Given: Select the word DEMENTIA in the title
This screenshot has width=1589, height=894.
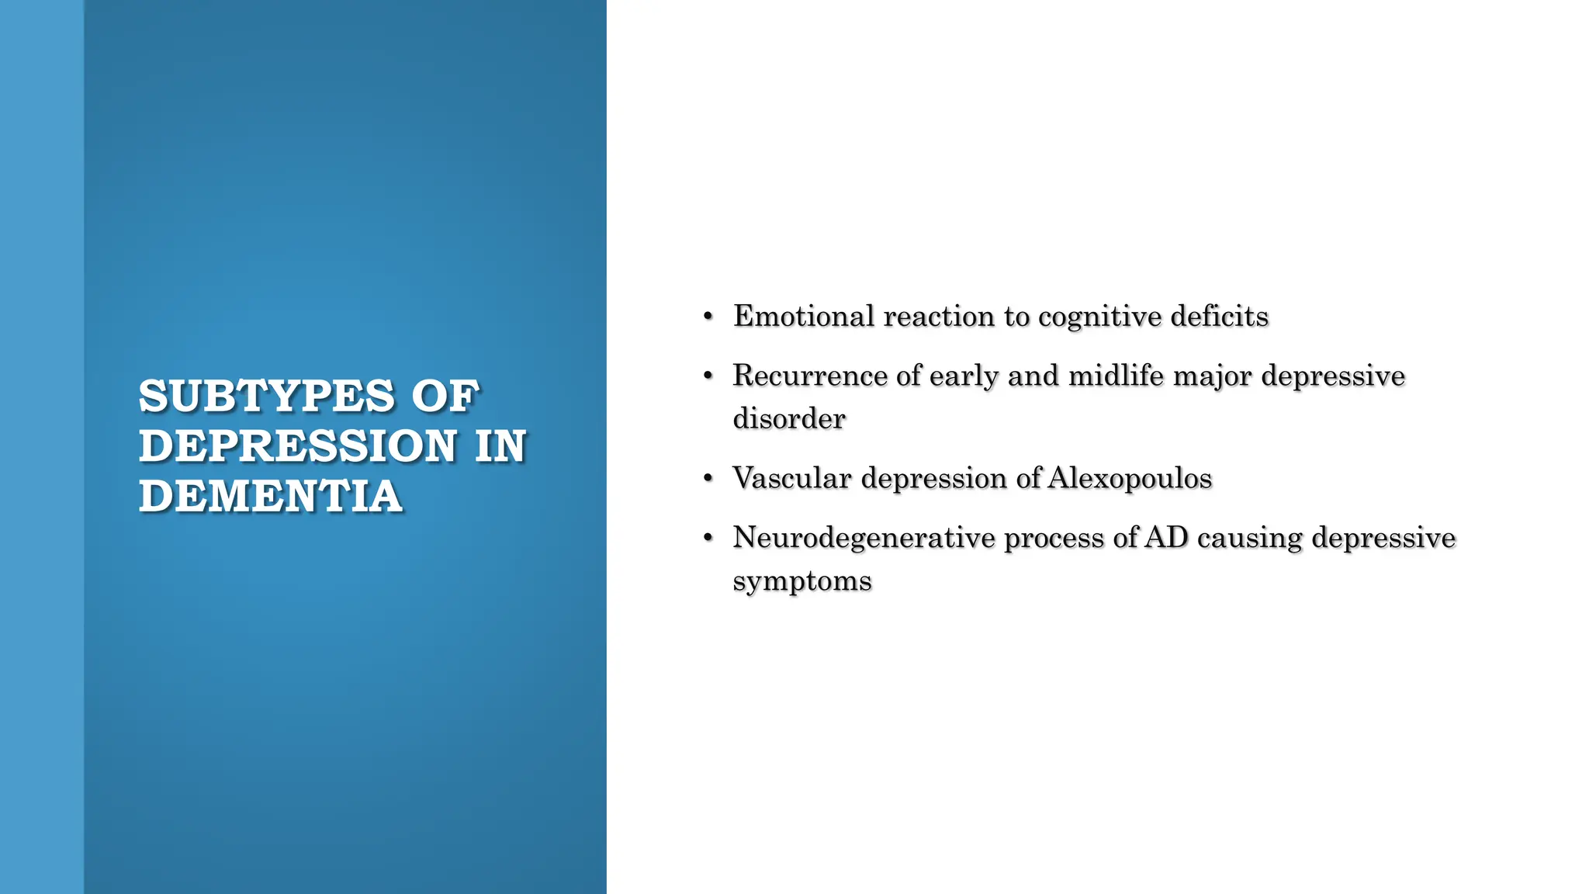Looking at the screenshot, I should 270,497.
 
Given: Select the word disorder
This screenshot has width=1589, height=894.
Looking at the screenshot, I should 789,419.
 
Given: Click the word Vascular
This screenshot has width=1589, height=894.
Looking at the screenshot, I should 792,478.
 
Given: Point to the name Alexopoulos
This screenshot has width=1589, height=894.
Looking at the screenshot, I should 1130,478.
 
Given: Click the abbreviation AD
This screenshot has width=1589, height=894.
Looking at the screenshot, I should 1166,538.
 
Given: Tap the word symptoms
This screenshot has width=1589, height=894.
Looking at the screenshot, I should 802,581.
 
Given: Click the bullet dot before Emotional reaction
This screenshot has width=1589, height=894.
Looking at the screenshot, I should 708,317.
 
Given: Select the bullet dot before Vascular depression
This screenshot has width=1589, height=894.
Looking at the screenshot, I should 708,479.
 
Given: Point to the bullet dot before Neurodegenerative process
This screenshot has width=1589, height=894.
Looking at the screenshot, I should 708,538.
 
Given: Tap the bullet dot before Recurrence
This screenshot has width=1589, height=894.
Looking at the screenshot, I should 708,376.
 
